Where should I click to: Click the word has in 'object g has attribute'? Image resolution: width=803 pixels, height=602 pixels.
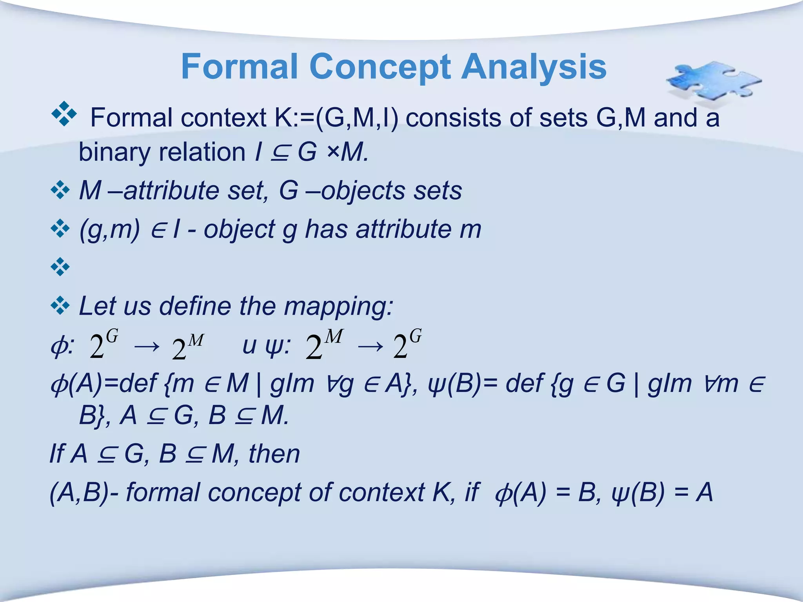pyautogui.click(x=326, y=229)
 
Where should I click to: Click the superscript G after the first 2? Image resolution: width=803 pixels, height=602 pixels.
pyautogui.click(x=112, y=336)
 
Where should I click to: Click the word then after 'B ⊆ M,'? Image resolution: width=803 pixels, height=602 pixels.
pyautogui.click(x=274, y=454)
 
